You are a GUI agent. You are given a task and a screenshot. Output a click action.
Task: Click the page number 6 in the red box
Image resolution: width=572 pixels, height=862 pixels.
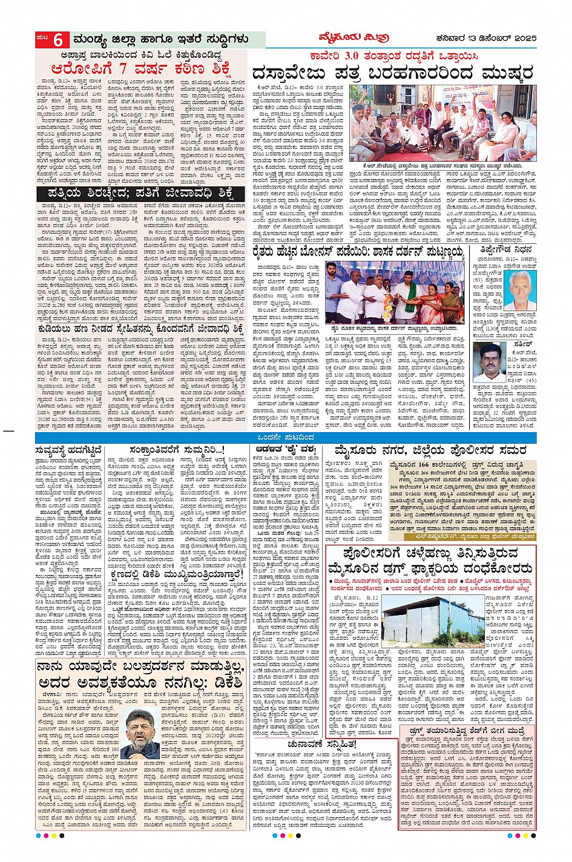tap(58, 40)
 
